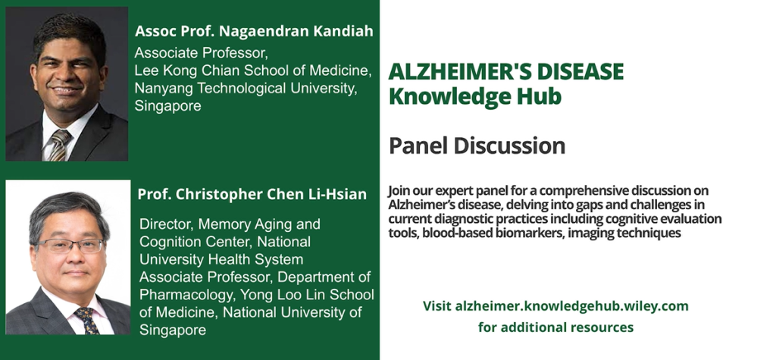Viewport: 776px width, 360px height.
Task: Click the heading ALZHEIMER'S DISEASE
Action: (505, 72)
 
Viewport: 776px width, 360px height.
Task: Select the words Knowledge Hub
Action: (475, 96)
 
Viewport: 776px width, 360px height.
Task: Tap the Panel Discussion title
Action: (477, 146)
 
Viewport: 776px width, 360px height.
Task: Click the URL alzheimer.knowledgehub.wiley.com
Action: (571, 306)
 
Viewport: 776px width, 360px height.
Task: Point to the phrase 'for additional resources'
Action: (555, 327)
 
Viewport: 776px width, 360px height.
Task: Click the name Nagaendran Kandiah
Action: (296, 31)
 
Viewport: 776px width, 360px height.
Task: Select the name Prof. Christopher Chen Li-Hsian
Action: (252, 194)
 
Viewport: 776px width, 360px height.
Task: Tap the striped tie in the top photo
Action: (59, 145)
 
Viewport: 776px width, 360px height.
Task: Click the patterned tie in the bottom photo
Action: (88, 321)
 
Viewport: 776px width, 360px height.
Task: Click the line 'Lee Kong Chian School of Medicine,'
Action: (253, 70)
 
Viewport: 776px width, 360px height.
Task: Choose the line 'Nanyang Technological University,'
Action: (246, 89)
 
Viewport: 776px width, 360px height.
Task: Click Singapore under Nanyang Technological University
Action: (167, 106)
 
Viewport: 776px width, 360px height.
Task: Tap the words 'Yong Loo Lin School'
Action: (307, 295)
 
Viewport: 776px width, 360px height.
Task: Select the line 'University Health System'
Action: (221, 259)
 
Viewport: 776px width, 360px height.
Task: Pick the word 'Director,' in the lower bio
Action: (167, 224)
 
